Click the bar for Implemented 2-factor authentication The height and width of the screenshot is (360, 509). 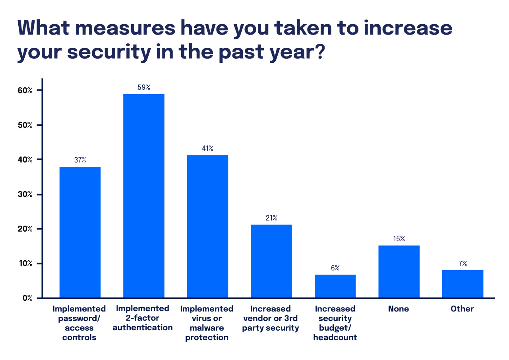click(x=143, y=196)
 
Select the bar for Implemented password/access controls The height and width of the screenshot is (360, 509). click(x=79, y=232)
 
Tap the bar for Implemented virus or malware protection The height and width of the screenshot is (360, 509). click(x=207, y=226)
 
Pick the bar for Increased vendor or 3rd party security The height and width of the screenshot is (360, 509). click(x=271, y=261)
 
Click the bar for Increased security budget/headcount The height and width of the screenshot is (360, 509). click(x=335, y=286)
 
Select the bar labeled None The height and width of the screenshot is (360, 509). click(x=399, y=271)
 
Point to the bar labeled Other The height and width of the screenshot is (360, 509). click(x=463, y=284)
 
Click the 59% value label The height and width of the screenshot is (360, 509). click(x=143, y=87)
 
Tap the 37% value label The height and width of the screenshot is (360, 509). click(x=79, y=160)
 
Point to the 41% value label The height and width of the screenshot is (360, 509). click(x=207, y=148)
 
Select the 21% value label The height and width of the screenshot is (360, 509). click(x=271, y=218)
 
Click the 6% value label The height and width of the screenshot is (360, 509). click(x=335, y=268)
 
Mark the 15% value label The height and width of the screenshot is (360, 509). click(x=399, y=239)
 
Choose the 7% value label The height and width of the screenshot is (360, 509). click(x=463, y=263)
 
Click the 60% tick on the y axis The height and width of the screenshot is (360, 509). click(x=25, y=91)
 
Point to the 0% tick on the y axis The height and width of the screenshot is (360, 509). click(x=27, y=298)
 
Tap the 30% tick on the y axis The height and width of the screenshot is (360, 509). click(x=25, y=194)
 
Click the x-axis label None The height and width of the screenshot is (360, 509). click(x=399, y=309)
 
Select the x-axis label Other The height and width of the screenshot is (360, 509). click(x=463, y=309)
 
